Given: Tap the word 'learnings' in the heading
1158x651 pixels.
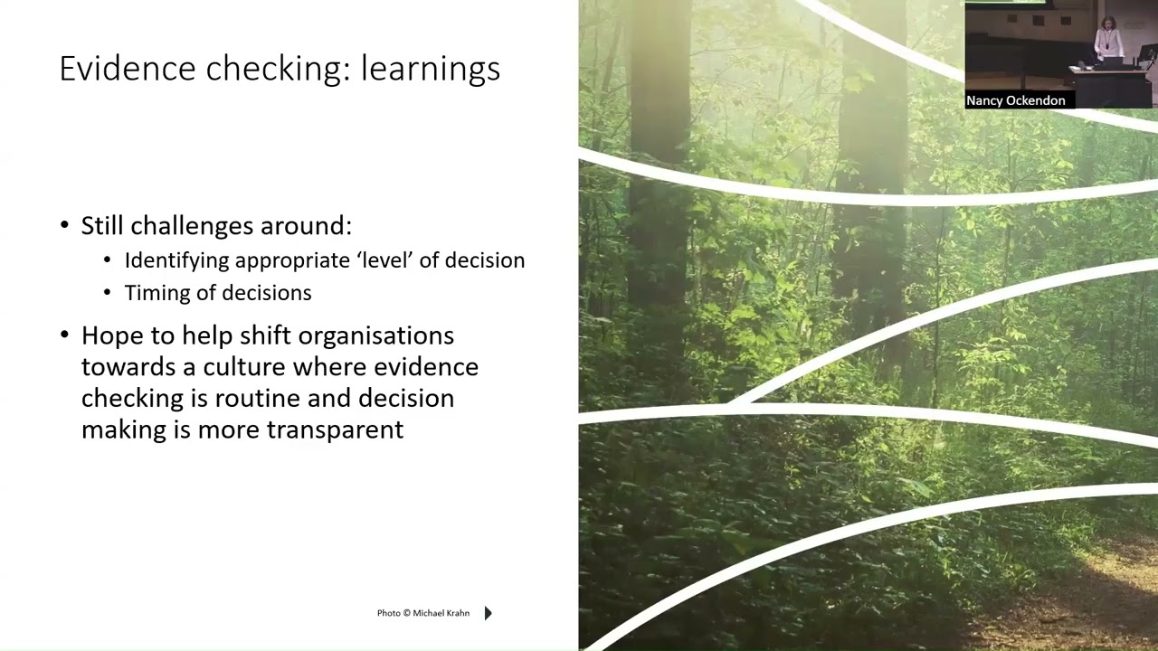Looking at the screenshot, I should [x=430, y=70].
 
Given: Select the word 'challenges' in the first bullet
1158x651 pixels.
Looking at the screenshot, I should [x=193, y=225].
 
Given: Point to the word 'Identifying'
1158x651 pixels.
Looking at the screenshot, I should [x=176, y=260].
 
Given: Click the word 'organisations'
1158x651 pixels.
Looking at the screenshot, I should [x=375, y=336].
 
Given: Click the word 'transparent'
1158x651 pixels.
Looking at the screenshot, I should [x=335, y=429].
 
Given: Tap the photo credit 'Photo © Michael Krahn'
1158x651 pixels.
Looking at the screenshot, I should [x=422, y=613].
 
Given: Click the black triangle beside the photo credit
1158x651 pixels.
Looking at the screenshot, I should [x=488, y=613].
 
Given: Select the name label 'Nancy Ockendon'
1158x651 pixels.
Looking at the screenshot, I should [x=1015, y=100].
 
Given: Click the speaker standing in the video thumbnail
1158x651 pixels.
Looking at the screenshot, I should [x=1107, y=41].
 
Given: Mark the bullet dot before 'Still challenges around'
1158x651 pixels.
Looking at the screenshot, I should [x=64, y=225].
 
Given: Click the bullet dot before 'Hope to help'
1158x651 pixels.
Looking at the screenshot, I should [x=64, y=335].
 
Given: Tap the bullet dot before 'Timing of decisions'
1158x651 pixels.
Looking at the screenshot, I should [x=108, y=293].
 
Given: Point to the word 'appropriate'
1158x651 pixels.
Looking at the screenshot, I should [x=293, y=260].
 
